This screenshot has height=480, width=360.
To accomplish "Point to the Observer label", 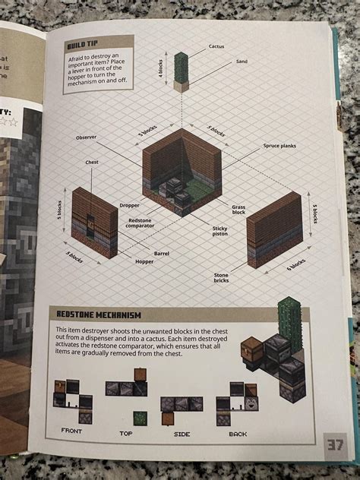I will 87,137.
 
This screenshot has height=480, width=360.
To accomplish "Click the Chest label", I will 92,162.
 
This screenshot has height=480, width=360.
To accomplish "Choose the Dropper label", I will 129,206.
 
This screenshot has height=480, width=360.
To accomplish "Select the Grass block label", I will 238,209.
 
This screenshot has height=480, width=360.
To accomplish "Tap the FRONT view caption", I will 71,431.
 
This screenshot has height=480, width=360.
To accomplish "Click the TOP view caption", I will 125,433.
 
